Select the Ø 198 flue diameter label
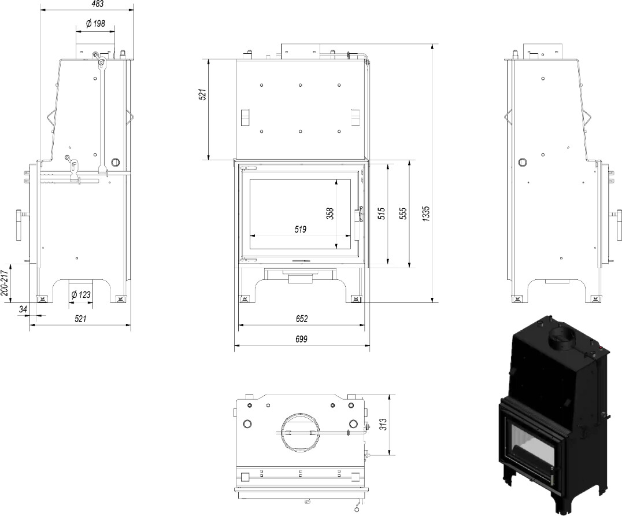95,24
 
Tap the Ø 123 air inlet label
81,294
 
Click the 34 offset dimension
23,309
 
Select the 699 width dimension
301,340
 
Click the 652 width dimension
301,319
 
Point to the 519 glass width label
300,230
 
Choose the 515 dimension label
381,214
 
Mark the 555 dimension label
403,214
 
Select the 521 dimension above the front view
203,95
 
